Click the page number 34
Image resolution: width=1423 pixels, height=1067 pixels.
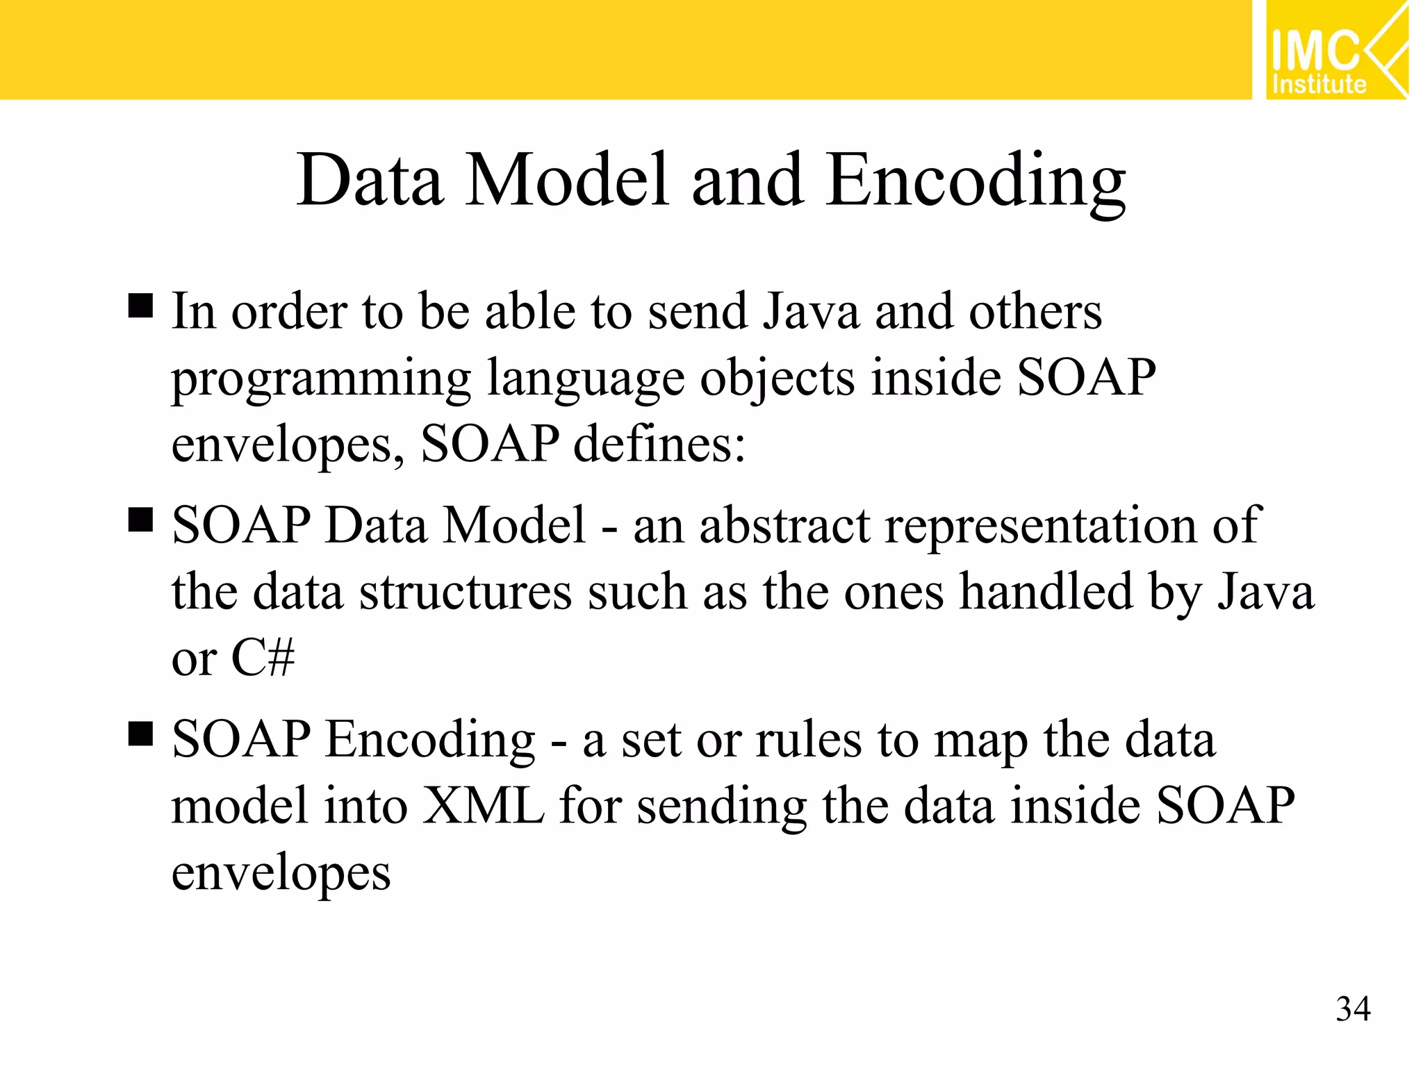click(x=1352, y=1009)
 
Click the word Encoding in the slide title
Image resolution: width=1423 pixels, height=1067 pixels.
click(x=976, y=182)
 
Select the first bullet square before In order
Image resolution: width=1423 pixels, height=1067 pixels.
click(x=140, y=306)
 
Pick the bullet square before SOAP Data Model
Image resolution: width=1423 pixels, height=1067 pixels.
click(x=140, y=520)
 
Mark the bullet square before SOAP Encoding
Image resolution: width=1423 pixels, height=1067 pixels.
click(x=140, y=734)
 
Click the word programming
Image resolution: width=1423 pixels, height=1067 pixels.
click(x=322, y=379)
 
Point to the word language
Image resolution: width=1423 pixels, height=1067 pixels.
click(x=586, y=379)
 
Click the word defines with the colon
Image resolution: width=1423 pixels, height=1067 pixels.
click(x=659, y=444)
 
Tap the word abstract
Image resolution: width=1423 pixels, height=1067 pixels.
click(x=784, y=525)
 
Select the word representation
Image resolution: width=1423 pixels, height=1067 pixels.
click(x=1041, y=527)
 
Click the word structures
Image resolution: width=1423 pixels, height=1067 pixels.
click(x=466, y=592)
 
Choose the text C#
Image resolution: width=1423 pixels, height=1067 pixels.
click(x=263, y=657)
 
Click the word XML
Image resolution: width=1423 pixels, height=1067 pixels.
click(x=484, y=806)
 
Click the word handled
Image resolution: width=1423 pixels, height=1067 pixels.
click(x=1046, y=592)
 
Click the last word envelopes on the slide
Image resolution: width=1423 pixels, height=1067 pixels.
click(x=281, y=874)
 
